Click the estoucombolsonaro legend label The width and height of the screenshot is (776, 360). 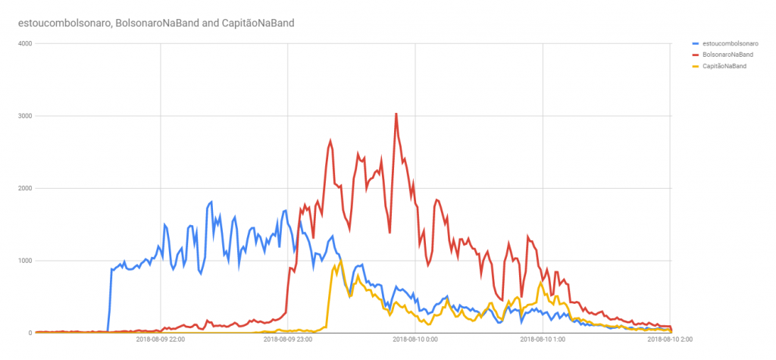tap(731, 44)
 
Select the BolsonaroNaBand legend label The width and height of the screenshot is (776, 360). tap(728, 55)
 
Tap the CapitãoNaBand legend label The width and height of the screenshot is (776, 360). tap(725, 67)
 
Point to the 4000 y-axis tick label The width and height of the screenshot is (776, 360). tap(24, 43)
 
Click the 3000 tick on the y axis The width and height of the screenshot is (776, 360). tap(24, 116)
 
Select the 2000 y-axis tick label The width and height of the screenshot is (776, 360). tap(24, 189)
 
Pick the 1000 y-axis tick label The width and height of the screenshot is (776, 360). tap(24, 261)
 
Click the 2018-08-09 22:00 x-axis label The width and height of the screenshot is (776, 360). tap(160, 340)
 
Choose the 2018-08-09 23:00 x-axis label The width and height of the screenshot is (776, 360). tap(288, 340)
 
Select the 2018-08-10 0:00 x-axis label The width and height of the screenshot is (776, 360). tap(416, 340)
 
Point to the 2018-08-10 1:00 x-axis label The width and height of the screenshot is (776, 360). tap(543, 340)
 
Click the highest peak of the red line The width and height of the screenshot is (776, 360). tap(396, 114)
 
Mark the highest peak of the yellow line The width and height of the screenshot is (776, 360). tap(340, 261)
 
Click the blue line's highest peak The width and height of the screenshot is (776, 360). tap(211, 202)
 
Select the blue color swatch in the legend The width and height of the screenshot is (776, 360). tap(697, 44)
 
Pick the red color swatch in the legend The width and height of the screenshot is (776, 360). tap(697, 55)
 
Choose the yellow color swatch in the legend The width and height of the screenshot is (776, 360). tap(697, 67)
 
